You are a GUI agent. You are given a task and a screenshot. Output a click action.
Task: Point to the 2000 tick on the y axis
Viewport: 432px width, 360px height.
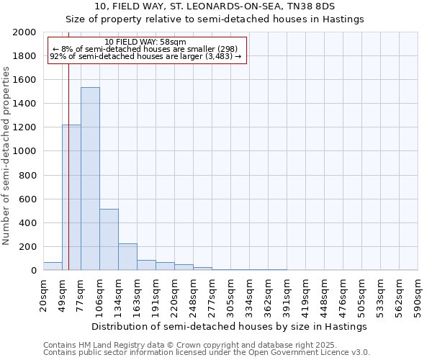click(25, 32)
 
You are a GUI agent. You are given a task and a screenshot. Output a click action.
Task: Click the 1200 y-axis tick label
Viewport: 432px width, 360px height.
click(25, 127)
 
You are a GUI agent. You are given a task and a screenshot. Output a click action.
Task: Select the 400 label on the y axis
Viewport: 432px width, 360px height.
click(28, 223)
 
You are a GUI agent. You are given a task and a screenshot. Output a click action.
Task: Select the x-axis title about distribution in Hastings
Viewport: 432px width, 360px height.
click(230, 326)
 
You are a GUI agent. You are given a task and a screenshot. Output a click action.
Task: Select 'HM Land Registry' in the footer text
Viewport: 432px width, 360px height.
click(104, 346)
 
